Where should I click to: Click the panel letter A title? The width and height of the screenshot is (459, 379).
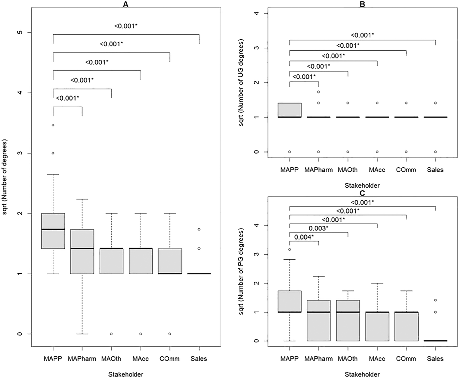click(x=125, y=4)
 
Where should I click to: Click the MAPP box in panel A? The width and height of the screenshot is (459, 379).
click(x=53, y=231)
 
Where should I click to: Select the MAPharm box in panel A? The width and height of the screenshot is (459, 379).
click(x=82, y=251)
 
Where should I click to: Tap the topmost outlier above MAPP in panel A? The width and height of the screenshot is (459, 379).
click(x=53, y=125)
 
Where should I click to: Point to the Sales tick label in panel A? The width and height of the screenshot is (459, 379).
click(x=199, y=359)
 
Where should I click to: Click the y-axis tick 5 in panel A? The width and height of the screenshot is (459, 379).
click(x=21, y=33)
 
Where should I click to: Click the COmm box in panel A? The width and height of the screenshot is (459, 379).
click(x=170, y=261)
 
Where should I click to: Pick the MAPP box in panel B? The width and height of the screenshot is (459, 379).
click(x=290, y=110)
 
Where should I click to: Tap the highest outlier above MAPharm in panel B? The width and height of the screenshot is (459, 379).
click(x=319, y=92)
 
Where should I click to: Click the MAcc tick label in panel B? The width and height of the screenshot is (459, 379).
click(x=377, y=170)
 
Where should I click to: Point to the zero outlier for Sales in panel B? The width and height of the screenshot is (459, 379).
click(x=435, y=152)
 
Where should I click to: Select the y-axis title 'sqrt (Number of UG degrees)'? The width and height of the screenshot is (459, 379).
click(x=241, y=82)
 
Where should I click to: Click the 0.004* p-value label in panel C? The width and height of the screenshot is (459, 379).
click(x=304, y=237)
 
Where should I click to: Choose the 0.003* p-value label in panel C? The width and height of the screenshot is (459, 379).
click(x=318, y=228)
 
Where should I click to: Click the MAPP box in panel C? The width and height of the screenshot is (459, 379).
click(x=290, y=301)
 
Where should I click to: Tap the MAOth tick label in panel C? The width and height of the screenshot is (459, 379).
click(x=348, y=359)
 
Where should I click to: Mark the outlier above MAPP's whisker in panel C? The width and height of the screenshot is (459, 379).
click(x=290, y=249)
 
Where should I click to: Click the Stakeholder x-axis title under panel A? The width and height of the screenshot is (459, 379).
click(x=125, y=374)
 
